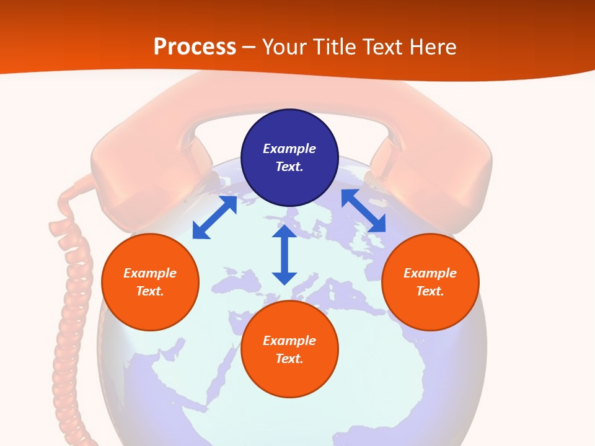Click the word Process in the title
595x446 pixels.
pos(195,47)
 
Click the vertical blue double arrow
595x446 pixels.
pos(284,255)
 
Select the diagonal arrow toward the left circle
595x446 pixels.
pos(214,217)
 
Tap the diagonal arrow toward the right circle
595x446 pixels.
pos(363,211)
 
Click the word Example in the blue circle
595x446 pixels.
pos(289,149)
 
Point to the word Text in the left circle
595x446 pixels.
pos(149,291)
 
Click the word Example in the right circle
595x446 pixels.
pos(430,273)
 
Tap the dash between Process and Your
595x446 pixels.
pos(249,48)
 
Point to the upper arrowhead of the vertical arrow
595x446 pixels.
pos(284,232)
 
